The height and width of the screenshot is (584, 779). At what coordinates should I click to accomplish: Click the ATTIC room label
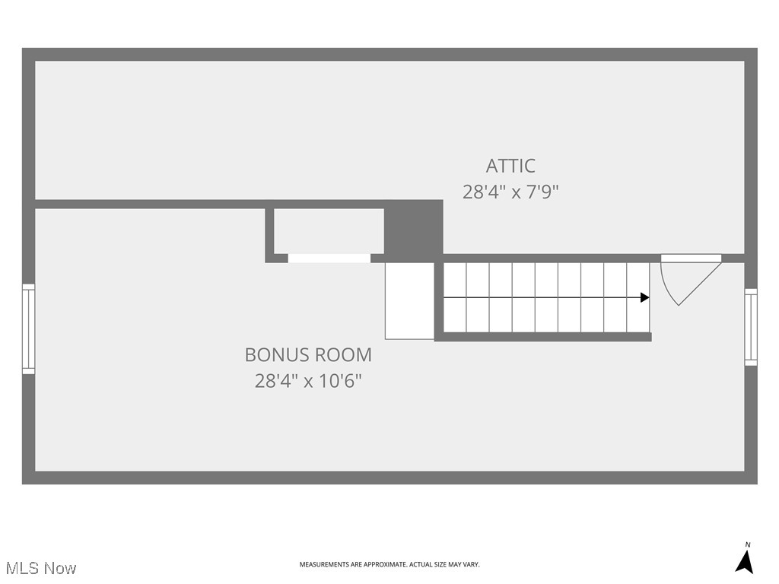point(510,166)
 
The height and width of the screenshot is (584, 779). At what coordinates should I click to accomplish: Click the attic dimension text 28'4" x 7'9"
point(510,192)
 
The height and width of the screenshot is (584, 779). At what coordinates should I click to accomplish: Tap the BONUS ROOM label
point(308,354)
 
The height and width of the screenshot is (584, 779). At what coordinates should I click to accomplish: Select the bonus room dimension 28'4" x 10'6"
point(308,380)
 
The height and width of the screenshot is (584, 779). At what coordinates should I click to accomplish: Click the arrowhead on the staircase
point(645,297)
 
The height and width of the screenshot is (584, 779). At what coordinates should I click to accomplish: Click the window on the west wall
point(28,328)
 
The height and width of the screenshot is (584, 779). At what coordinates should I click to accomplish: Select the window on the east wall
point(751,327)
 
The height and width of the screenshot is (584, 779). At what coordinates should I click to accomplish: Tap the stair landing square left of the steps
point(409,301)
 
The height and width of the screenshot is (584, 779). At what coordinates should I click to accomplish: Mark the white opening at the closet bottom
point(329,259)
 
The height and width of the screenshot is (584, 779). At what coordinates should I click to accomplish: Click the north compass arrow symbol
point(745,562)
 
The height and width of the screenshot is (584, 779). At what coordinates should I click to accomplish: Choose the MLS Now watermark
point(41,568)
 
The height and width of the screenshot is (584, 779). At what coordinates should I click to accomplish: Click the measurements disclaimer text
point(389,564)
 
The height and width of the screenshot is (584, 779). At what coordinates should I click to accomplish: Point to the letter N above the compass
point(747,544)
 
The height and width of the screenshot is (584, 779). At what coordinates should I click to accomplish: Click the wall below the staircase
point(543,337)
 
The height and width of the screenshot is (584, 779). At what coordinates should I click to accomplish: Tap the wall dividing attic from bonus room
point(152,204)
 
